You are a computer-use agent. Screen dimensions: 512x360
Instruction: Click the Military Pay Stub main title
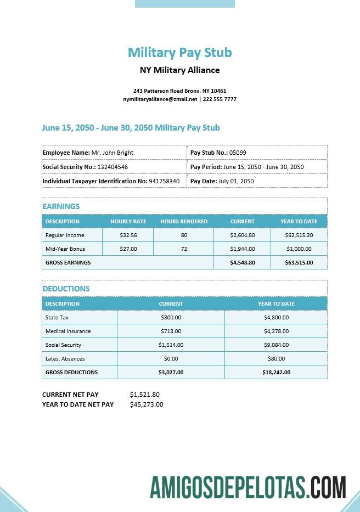(x=180, y=53)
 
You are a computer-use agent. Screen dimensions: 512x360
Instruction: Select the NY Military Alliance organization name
(x=180, y=70)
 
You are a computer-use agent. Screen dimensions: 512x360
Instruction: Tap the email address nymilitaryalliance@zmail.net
(x=160, y=99)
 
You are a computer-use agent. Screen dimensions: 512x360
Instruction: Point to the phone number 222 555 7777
(x=220, y=99)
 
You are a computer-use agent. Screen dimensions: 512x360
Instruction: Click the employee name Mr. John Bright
(x=112, y=153)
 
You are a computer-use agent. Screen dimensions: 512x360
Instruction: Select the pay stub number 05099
(x=238, y=153)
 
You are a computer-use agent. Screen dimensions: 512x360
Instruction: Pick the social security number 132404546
(x=113, y=167)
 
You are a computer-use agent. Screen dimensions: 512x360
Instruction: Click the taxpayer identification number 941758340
(x=164, y=181)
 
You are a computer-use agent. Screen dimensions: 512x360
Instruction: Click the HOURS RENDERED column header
(x=184, y=222)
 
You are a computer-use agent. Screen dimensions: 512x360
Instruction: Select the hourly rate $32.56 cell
(x=128, y=235)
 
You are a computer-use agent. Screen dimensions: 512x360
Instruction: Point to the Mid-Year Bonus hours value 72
(x=184, y=249)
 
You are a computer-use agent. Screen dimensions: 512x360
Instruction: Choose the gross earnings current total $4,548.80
(x=242, y=263)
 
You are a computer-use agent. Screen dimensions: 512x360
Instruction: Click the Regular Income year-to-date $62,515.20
(x=299, y=235)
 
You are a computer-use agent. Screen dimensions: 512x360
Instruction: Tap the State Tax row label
(x=57, y=317)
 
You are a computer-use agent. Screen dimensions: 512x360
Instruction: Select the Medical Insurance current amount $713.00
(x=171, y=331)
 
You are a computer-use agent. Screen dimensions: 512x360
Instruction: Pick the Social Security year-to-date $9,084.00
(x=276, y=345)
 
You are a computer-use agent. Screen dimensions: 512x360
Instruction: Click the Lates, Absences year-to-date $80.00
(x=276, y=358)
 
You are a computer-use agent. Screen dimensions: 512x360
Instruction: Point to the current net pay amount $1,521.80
(x=145, y=395)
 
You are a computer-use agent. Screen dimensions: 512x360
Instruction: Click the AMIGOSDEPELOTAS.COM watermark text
(x=248, y=487)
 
